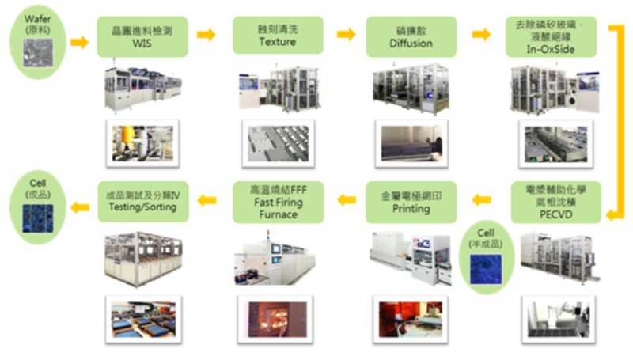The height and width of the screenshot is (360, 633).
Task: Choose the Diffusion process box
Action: [411, 36]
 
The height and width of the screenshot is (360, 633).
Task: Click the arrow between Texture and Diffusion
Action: [346, 34]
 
